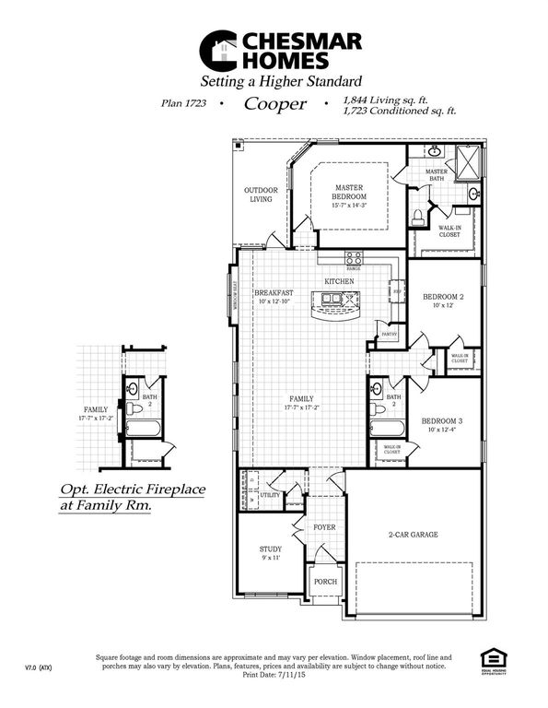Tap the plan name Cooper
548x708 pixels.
(x=274, y=104)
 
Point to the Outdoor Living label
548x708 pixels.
(x=261, y=195)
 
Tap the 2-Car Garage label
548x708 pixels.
(x=412, y=534)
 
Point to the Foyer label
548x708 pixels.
(x=324, y=528)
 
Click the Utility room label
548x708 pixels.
(x=271, y=495)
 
